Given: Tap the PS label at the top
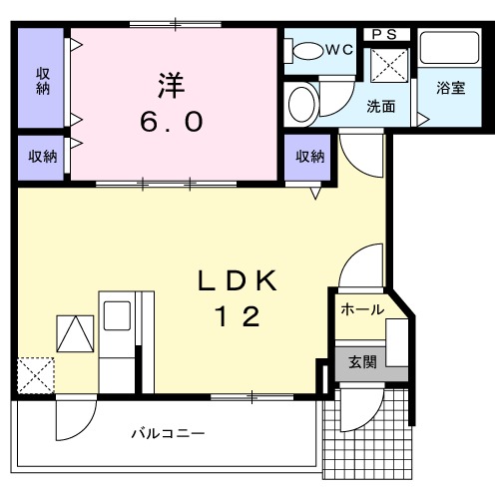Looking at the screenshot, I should tap(383, 34).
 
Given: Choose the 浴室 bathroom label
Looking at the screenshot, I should tap(449, 88).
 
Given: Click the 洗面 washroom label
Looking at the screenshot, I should tap(381, 105).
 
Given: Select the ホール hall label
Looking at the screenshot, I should tap(362, 309).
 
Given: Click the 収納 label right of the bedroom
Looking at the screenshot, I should tap(309, 157).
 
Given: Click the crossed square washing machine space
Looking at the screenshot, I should tap(384, 66).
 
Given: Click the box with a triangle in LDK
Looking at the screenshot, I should tap(74, 333).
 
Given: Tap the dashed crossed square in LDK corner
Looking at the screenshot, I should tap(36, 376).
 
